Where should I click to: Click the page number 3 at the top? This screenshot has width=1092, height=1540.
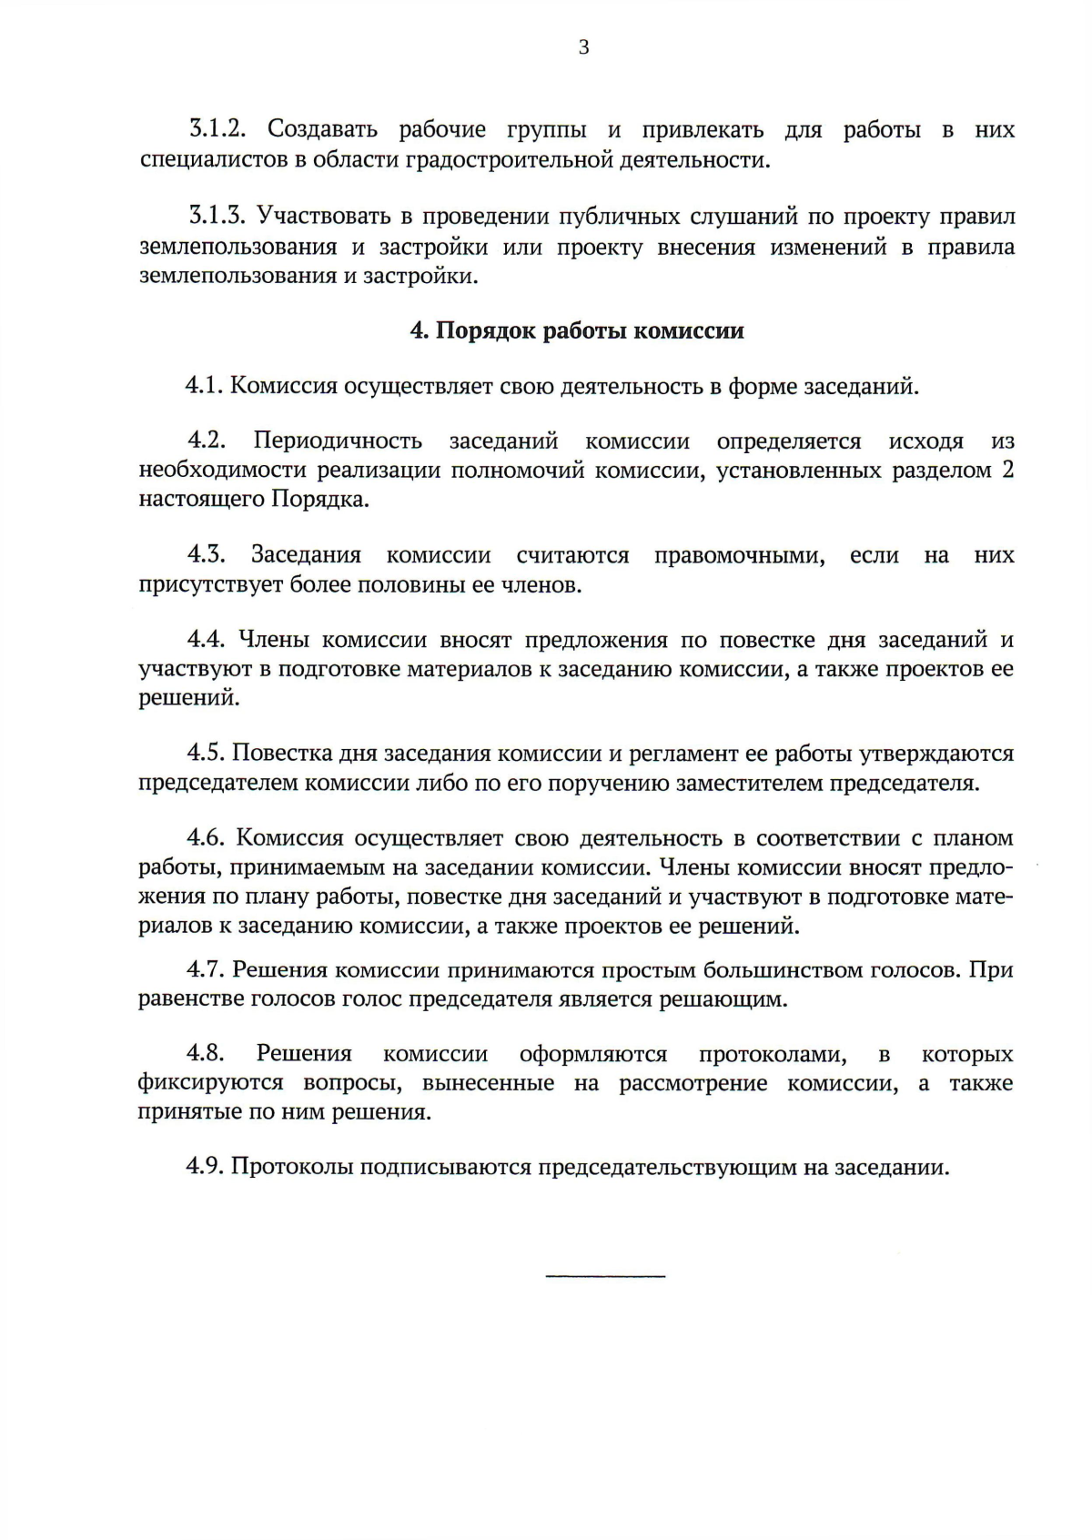(x=583, y=47)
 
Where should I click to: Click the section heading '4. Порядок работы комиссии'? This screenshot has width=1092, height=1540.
(x=577, y=330)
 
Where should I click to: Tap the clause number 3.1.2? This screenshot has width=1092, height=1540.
(x=218, y=130)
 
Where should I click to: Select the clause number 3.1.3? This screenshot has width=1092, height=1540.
(x=218, y=217)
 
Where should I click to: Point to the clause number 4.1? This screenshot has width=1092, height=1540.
(x=205, y=386)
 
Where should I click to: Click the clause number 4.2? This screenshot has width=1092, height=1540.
(x=207, y=441)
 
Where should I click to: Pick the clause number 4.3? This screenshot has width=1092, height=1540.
(x=207, y=554)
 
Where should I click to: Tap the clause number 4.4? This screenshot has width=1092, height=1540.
(x=207, y=640)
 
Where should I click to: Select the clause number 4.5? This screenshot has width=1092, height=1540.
(x=206, y=754)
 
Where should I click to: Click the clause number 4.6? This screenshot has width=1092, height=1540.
(x=207, y=837)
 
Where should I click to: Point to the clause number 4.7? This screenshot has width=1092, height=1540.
(x=206, y=969)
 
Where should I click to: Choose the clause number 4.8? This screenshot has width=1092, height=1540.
(x=206, y=1054)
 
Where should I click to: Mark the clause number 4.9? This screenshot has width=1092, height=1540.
(x=206, y=1167)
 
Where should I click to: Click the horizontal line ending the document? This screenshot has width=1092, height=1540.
(x=605, y=1276)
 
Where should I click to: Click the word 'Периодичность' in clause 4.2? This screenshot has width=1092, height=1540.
(x=338, y=441)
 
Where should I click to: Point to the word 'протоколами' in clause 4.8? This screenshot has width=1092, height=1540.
(x=773, y=1055)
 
